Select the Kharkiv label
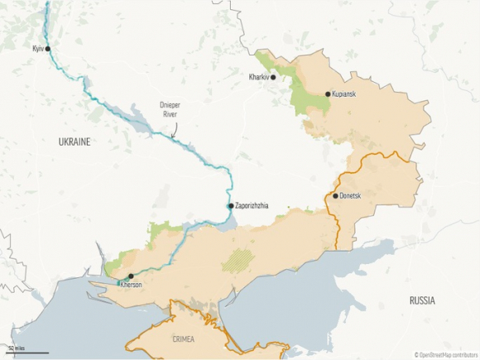click(x=258, y=78)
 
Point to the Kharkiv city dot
click(x=273, y=78)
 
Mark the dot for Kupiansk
click(x=329, y=94)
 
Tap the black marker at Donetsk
click(x=335, y=196)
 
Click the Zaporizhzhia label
click(x=252, y=206)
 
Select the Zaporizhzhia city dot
click(x=231, y=206)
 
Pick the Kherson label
click(x=132, y=286)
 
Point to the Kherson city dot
click(x=130, y=276)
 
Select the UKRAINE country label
click(x=74, y=142)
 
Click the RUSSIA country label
click(x=422, y=301)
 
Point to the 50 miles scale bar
click(x=26, y=351)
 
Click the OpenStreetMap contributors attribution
click(x=446, y=354)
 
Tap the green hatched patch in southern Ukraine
click(x=239, y=260)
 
